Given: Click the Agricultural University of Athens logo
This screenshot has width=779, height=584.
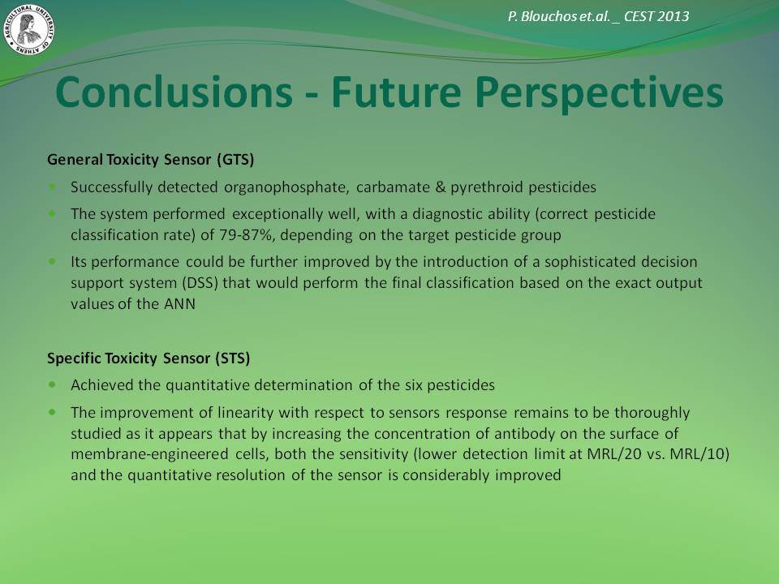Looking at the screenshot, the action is [29, 29].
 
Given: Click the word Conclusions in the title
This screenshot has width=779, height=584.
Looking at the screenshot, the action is [174, 92].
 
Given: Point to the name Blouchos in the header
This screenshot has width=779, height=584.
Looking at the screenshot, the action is [549, 16].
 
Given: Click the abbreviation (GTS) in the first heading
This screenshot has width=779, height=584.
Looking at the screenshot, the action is [235, 160].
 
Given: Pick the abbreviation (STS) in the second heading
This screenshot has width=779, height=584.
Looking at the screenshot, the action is [233, 358].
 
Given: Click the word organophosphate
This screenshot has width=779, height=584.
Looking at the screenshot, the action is [285, 187].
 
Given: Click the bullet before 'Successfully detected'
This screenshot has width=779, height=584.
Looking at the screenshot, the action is [52, 187].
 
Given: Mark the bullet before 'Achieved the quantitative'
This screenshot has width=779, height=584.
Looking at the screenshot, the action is [52, 384].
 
